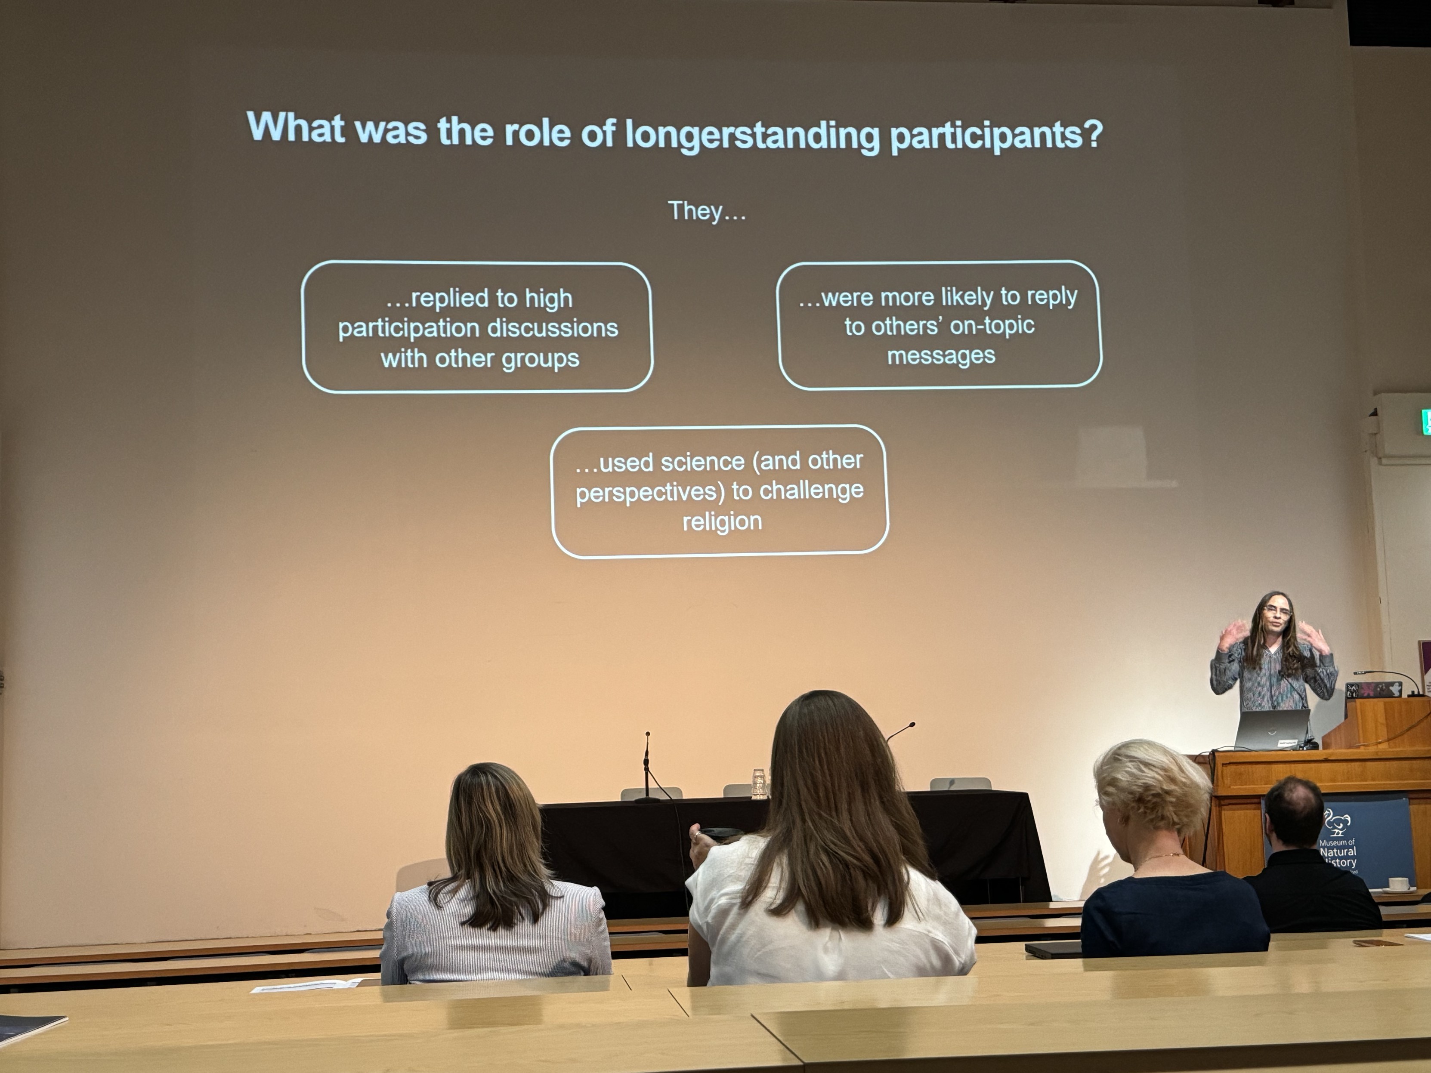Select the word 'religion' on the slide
point(722,521)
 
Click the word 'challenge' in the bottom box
point(811,490)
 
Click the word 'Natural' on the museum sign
point(1338,852)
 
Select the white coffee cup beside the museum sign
point(1397,884)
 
